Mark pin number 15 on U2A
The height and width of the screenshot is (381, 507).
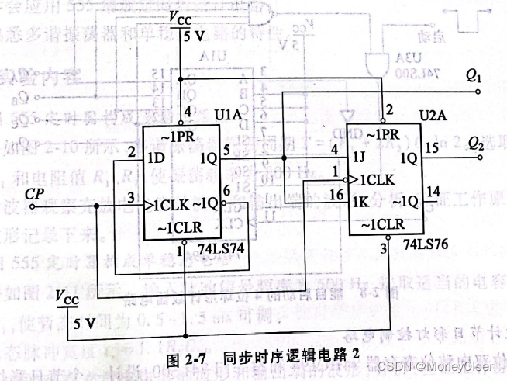[433, 147]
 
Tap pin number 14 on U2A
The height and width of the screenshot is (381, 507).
[433, 190]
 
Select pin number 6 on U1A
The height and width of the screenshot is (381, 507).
[226, 190]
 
